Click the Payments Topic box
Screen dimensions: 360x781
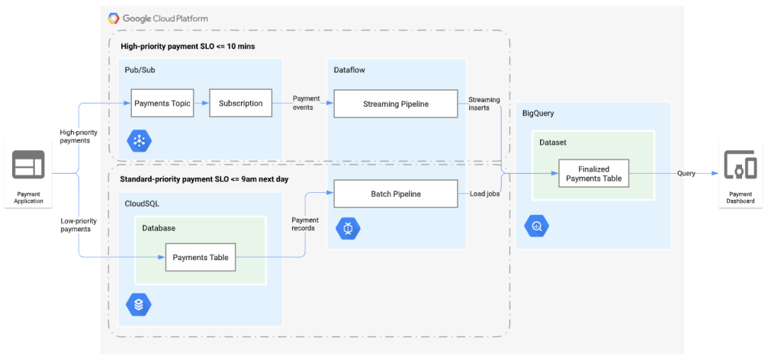pos(161,104)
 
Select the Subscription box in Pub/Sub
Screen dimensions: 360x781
pos(240,104)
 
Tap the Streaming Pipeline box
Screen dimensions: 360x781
pos(395,104)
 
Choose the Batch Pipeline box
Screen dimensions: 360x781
pos(395,194)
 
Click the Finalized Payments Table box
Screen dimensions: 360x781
pos(593,174)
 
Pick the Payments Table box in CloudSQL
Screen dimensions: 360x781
pos(201,257)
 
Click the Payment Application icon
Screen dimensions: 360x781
pos(28,166)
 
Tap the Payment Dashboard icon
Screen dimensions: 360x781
pos(740,166)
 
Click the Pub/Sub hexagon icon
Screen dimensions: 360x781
pos(140,140)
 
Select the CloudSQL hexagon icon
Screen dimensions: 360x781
pos(139,304)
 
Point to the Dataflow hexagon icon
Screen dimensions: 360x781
pos(348,228)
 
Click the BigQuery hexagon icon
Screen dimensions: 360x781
pos(537,227)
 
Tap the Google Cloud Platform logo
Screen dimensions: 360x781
pos(114,18)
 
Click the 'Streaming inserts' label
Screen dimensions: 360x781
pos(484,104)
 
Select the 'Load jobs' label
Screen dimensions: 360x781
pos(484,194)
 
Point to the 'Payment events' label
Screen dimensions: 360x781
pos(307,104)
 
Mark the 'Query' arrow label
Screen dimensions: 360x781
pos(686,173)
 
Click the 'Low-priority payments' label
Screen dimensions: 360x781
pos(79,224)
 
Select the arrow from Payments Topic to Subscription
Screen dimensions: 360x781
pos(200,104)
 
